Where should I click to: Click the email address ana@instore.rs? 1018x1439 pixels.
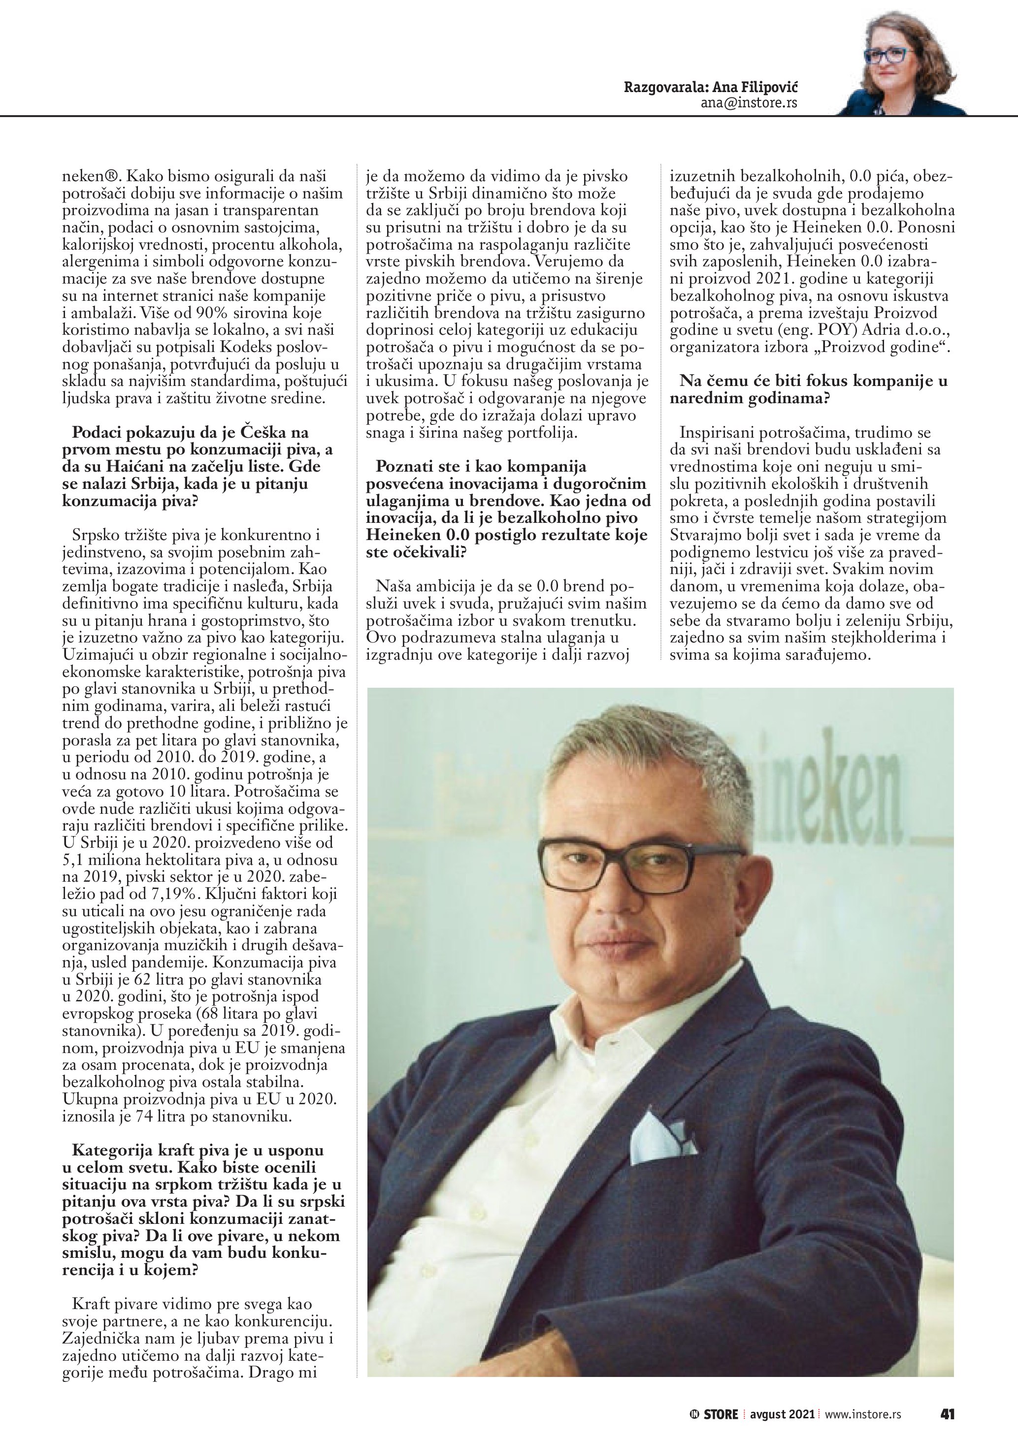pyautogui.click(x=749, y=102)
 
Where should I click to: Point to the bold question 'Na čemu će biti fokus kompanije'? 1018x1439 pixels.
pyautogui.click(x=813, y=381)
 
